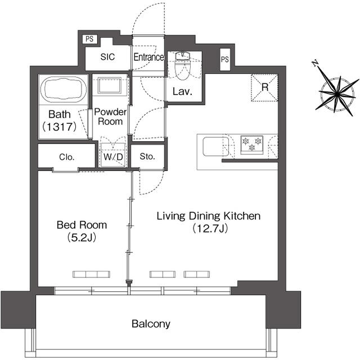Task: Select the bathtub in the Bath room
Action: (63, 89)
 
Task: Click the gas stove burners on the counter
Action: (251, 144)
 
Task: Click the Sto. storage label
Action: (147, 157)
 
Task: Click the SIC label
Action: (108, 57)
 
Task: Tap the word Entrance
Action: (148, 57)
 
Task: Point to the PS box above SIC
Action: (89, 39)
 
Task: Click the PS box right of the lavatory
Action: (225, 59)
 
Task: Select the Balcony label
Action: (151, 324)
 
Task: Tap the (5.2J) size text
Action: (82, 237)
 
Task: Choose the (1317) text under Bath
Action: (59, 127)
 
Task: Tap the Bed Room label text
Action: (82, 225)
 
